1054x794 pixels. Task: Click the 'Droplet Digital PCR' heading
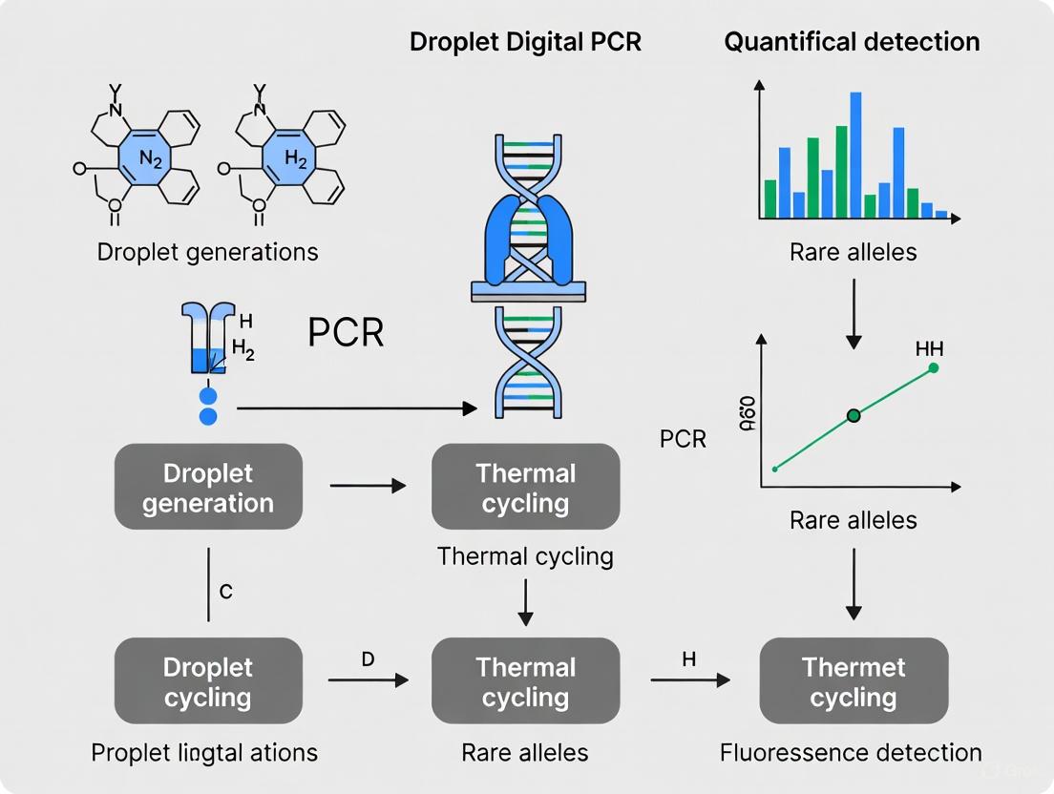(525, 43)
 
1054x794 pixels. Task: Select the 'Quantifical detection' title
(852, 43)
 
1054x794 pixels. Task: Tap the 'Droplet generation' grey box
(208, 488)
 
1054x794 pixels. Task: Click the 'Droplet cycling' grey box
(208, 681)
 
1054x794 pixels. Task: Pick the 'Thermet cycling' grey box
(853, 681)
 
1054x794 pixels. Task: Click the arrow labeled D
(368, 680)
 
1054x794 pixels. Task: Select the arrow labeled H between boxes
(689, 680)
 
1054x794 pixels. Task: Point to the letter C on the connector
(225, 592)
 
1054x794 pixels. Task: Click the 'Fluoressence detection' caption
(851, 752)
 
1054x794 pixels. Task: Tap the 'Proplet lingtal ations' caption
(204, 752)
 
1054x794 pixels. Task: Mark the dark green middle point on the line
(854, 415)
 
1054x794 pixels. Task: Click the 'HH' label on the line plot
(929, 349)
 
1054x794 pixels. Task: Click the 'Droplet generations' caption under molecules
(207, 253)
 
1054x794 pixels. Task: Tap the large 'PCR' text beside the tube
(346, 333)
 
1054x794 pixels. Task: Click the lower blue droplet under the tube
(208, 416)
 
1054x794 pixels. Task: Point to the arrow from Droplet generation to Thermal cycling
(368, 487)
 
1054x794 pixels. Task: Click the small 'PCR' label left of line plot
(683, 440)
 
